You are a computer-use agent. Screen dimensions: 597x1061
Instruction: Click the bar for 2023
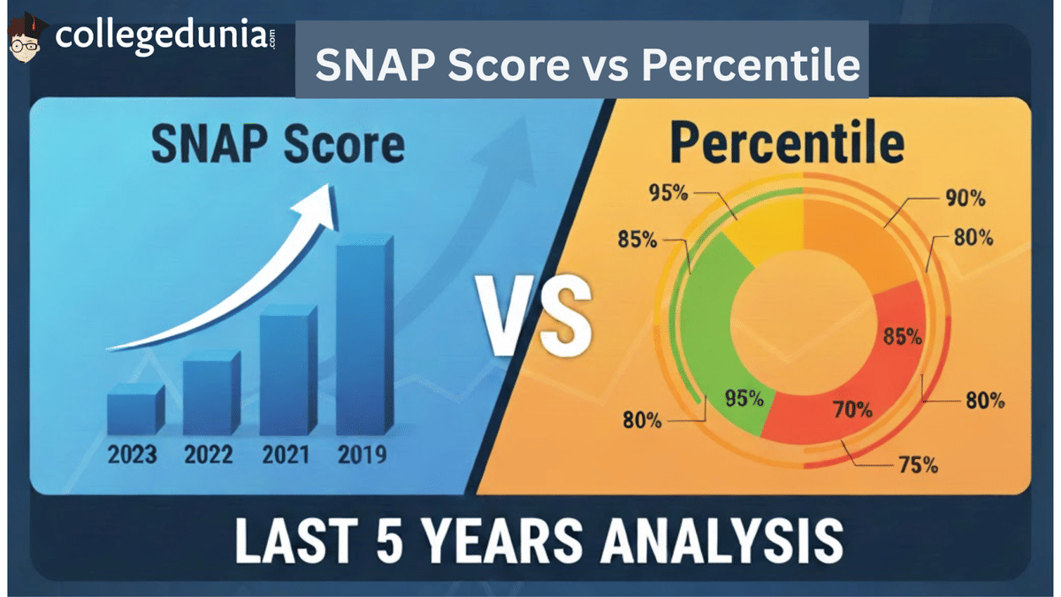pyautogui.click(x=135, y=412)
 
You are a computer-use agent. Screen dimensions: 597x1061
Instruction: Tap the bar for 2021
pyautogui.click(x=287, y=371)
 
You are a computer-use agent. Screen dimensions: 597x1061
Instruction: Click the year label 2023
pyautogui.click(x=132, y=455)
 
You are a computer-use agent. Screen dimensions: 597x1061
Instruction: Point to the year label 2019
pyautogui.click(x=362, y=455)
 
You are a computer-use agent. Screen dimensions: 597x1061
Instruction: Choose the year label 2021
pyautogui.click(x=286, y=455)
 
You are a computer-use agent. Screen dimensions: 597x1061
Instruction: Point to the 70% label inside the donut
pyautogui.click(x=852, y=409)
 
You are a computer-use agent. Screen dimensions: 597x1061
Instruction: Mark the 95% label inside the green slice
pyautogui.click(x=743, y=398)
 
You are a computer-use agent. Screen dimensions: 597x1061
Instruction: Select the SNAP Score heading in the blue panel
pyautogui.click(x=278, y=146)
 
